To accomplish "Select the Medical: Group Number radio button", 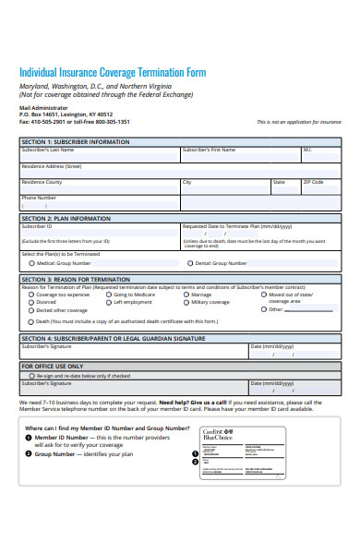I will coord(32,263).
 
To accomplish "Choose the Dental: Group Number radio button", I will coord(191,263).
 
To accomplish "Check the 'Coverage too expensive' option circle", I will coord(32,295).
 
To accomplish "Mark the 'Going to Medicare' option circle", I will coord(109,295).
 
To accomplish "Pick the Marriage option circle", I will coord(186,295).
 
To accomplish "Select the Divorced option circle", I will coord(32,302).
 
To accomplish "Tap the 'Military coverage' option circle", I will coord(186,302).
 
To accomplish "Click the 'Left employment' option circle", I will coord(109,302).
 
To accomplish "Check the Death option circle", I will coord(32,321).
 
